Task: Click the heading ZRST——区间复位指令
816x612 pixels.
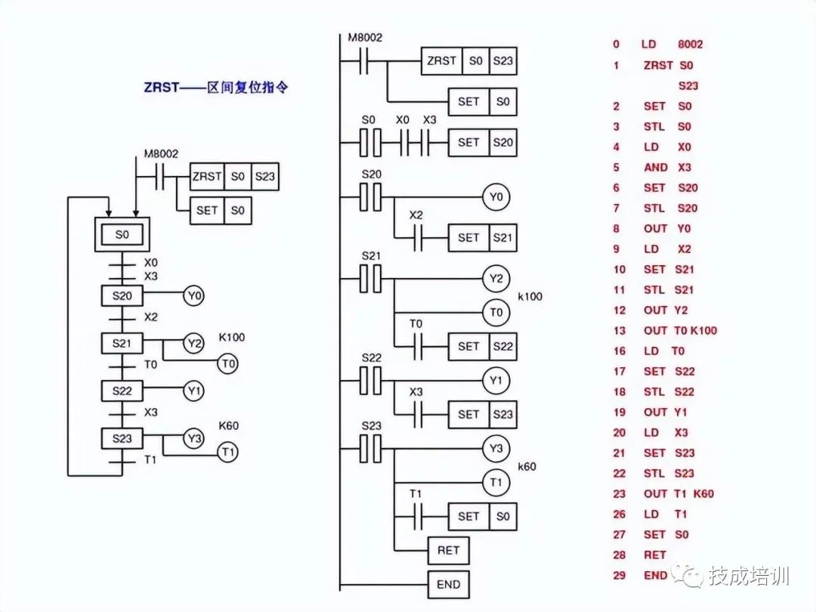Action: (215, 87)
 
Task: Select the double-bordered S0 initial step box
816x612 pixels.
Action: (122, 235)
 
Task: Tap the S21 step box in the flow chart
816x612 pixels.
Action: (122, 344)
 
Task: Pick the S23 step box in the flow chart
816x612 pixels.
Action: (122, 438)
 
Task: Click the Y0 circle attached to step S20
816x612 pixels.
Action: (194, 296)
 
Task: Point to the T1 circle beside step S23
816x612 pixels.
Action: (227, 453)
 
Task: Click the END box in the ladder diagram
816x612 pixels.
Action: (448, 584)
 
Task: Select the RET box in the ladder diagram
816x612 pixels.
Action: (448, 550)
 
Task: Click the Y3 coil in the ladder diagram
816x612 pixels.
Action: (496, 449)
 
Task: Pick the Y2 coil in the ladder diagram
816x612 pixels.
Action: (496, 279)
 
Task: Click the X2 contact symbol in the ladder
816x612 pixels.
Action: (416, 237)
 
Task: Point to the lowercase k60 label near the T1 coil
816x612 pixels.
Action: (527, 467)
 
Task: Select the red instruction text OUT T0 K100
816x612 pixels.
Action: (680, 330)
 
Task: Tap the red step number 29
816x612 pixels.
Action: (620, 575)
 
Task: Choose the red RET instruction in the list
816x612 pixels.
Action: (655, 555)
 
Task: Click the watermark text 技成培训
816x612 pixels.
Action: (749, 576)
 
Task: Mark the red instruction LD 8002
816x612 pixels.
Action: (672, 45)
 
